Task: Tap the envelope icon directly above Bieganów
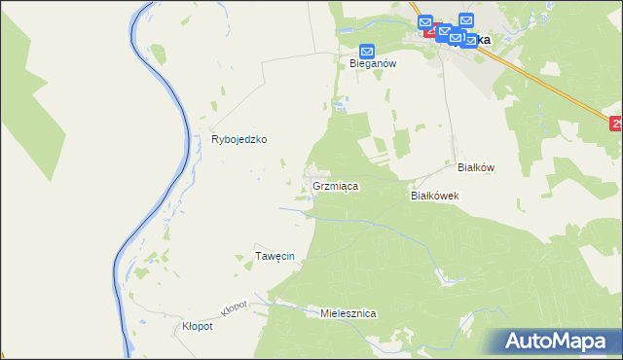pyautogui.click(x=367, y=52)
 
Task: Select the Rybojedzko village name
pyautogui.click(x=239, y=139)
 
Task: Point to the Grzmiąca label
pyautogui.click(x=337, y=184)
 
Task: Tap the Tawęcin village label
pyautogui.click(x=275, y=256)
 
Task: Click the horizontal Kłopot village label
pyautogui.click(x=198, y=327)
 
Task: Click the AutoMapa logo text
pyautogui.click(x=568, y=342)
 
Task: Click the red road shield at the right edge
pyautogui.click(x=616, y=124)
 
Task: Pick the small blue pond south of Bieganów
pyautogui.click(x=338, y=102)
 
